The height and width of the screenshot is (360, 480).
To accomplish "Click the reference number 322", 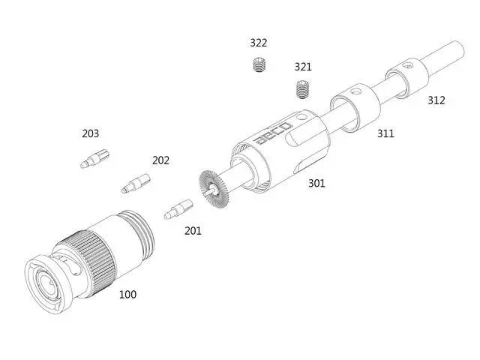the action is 259,43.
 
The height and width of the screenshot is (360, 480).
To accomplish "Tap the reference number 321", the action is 303,67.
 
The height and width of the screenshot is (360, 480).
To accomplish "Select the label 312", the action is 436,100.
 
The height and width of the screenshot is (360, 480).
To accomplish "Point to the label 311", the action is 385,133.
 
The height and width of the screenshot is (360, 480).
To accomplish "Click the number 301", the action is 316,183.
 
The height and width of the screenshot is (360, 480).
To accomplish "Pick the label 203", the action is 90,133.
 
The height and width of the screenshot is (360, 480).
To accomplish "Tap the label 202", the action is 160,160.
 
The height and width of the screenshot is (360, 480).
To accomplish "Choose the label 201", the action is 193,230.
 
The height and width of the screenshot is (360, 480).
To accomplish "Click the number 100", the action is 127,295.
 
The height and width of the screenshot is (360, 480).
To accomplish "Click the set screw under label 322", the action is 260,64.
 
